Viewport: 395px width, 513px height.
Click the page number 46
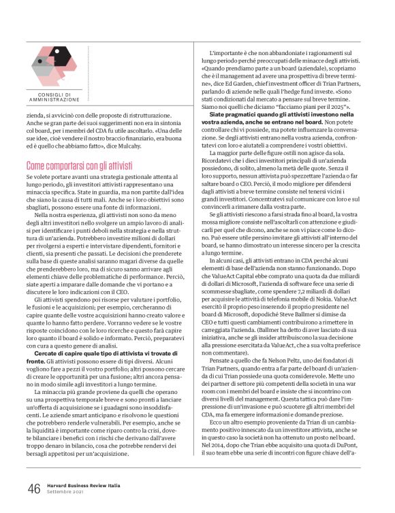point(33,488)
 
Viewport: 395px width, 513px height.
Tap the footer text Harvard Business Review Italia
point(84,485)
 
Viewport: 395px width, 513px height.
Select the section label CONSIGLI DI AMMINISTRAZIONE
point(54,96)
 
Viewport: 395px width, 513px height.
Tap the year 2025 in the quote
point(338,107)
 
